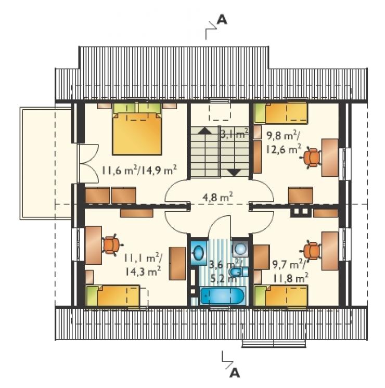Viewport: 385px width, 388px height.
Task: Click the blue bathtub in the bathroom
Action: pyautogui.click(x=223, y=295)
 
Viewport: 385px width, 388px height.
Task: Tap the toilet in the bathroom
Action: pyautogui.click(x=238, y=272)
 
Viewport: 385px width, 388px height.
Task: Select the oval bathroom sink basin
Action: pyautogui.click(x=199, y=253)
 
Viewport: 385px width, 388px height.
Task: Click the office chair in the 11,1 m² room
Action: pyautogui.click(x=112, y=245)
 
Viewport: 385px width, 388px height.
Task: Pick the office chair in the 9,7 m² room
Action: pyautogui.click(x=311, y=251)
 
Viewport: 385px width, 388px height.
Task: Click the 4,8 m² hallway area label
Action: pyautogui.click(x=217, y=198)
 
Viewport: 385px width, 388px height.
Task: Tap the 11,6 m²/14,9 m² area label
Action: pyautogui.click(x=139, y=170)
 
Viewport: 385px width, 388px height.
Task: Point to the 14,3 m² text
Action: pyautogui.click(x=143, y=271)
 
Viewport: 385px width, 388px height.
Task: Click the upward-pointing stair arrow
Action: pyautogui.click(x=205, y=131)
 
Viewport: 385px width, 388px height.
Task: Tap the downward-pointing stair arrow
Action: pyautogui.click(x=234, y=173)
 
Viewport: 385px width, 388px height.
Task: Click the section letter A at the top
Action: pyautogui.click(x=222, y=20)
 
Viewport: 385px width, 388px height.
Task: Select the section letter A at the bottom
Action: pyautogui.click(x=235, y=372)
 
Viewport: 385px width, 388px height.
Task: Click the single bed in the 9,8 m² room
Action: pyautogui.click(x=281, y=113)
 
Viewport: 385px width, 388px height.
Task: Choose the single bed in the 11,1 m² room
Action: pyautogui.click(x=113, y=296)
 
